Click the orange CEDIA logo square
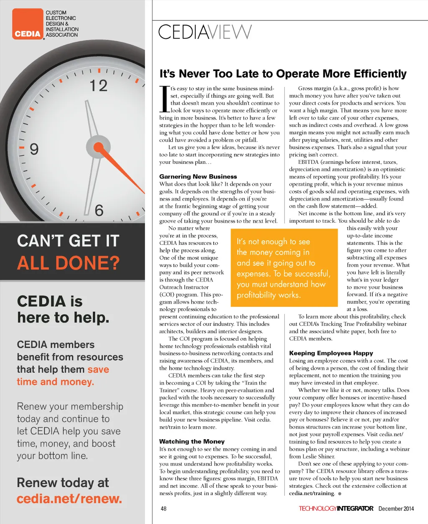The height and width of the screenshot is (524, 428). (28, 24)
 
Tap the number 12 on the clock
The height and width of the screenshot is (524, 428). (99, 86)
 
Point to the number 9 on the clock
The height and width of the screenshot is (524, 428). (34, 149)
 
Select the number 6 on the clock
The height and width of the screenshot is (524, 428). (99, 210)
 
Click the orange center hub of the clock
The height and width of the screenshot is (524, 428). (98, 147)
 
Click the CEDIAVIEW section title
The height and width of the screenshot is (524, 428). (205, 32)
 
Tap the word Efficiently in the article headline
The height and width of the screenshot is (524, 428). (380, 74)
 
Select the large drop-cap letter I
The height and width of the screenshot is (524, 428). (164, 99)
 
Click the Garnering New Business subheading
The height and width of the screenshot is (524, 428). (198, 176)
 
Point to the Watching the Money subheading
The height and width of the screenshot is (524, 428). (192, 441)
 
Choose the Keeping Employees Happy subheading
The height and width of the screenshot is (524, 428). (331, 353)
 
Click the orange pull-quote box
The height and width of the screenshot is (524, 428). (284, 267)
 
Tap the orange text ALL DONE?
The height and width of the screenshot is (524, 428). (68, 263)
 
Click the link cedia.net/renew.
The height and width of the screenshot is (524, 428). (69, 499)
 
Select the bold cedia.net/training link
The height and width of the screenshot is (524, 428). (312, 493)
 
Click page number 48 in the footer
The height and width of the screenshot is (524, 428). (163, 509)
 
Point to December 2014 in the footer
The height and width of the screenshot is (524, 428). (396, 509)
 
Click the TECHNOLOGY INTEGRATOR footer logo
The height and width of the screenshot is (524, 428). (336, 509)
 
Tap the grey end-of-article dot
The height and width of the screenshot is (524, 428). (340, 494)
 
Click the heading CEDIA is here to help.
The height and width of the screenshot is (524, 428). (63, 309)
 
